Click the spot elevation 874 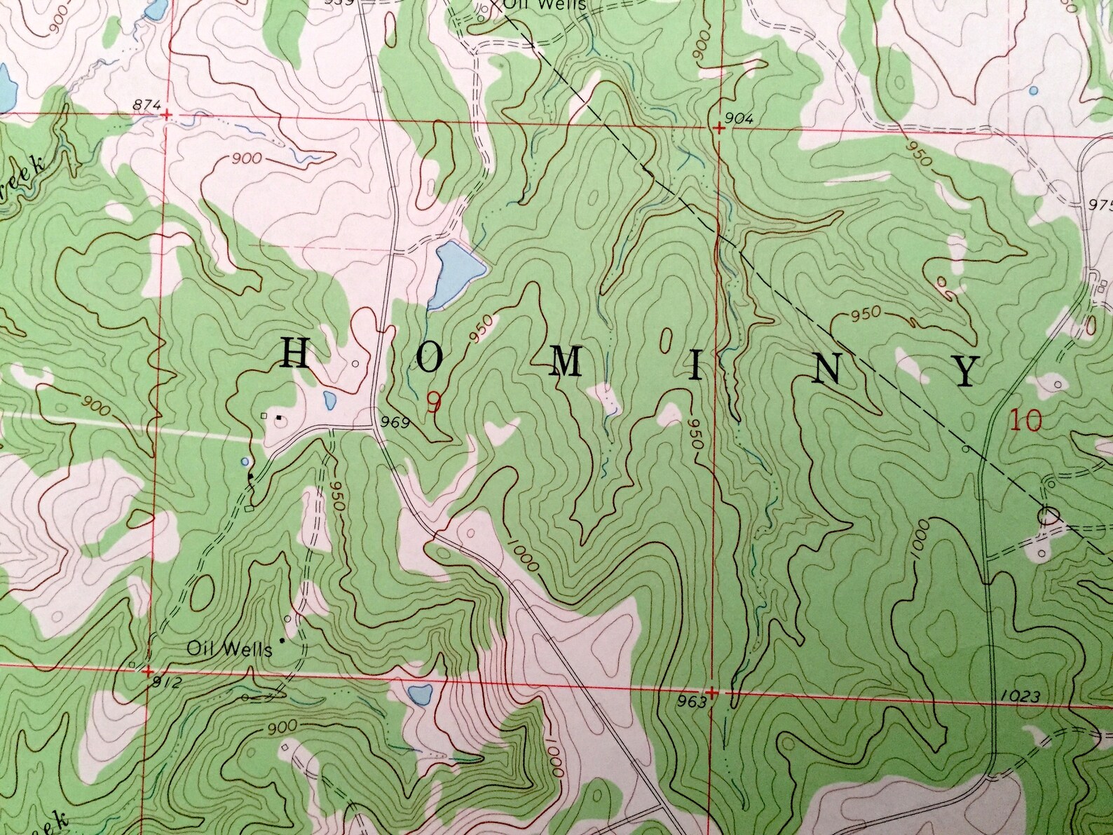click(x=146, y=106)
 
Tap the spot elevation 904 click(x=740, y=119)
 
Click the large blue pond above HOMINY click(x=453, y=274)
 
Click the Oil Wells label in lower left click(x=229, y=649)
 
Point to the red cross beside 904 click(x=719, y=129)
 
